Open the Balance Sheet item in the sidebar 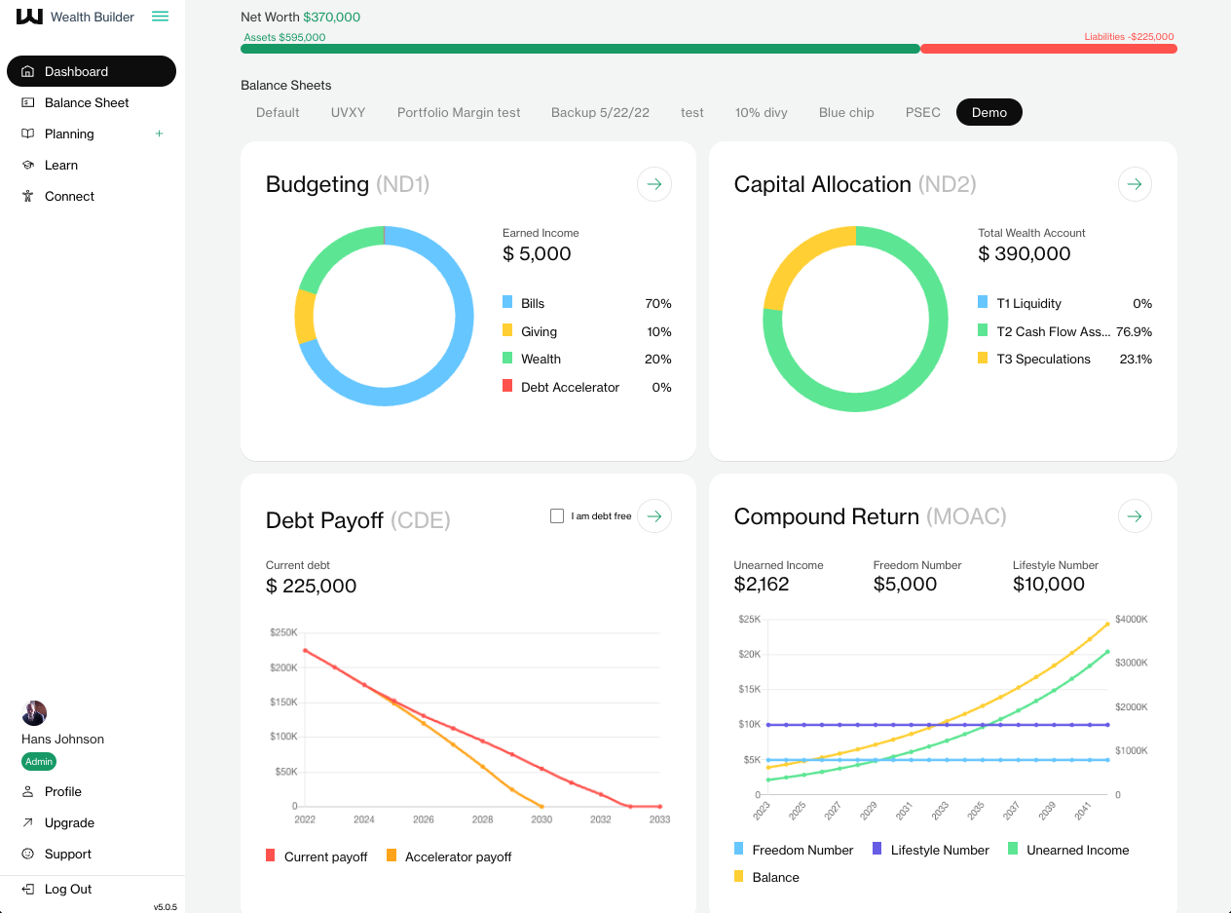pyautogui.click(x=87, y=102)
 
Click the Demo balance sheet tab pyautogui.click(x=989, y=112)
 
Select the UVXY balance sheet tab pyautogui.click(x=348, y=112)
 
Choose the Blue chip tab pyautogui.click(x=846, y=112)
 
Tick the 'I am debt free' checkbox pyautogui.click(x=557, y=516)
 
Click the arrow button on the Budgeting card pyautogui.click(x=654, y=184)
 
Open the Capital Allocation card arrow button pyautogui.click(x=1135, y=184)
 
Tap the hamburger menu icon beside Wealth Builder pyautogui.click(x=161, y=17)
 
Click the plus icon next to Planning pyautogui.click(x=160, y=133)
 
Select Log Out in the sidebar pyautogui.click(x=67, y=889)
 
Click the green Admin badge pyautogui.click(x=39, y=762)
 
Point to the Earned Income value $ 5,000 pyautogui.click(x=537, y=254)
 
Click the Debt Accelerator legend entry pyautogui.click(x=570, y=387)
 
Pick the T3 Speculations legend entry pyautogui.click(x=1043, y=359)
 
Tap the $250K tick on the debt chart pyautogui.click(x=283, y=632)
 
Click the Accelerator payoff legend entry pyautogui.click(x=458, y=856)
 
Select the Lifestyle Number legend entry pyautogui.click(x=939, y=850)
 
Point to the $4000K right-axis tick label pyautogui.click(x=1132, y=619)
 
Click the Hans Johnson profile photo pyautogui.click(x=35, y=712)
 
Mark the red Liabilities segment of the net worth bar pyautogui.click(x=1048, y=49)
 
